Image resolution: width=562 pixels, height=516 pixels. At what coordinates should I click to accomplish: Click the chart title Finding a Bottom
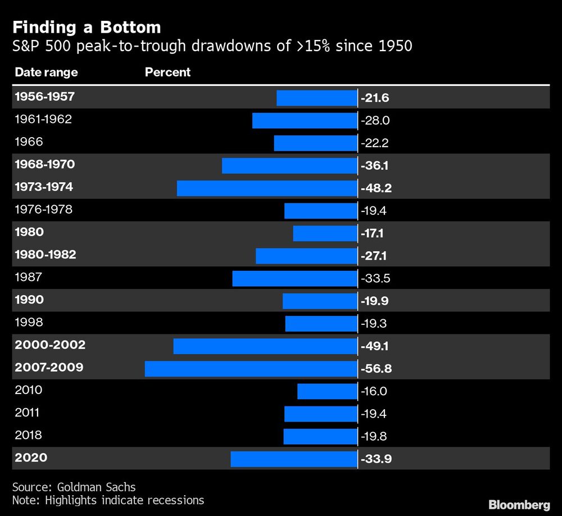pos(87,27)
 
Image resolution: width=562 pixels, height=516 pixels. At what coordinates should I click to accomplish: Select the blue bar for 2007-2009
pos(251,369)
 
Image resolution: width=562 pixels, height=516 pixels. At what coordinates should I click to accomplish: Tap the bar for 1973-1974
pos(267,188)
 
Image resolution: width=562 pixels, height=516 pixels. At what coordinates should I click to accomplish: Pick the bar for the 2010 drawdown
pos(327,391)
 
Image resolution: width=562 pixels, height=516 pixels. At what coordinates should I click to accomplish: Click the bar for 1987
pos(294,278)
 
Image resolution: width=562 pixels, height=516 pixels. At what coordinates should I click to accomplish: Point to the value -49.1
pos(375,346)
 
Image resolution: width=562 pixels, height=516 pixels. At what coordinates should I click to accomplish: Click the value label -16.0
pos(375,391)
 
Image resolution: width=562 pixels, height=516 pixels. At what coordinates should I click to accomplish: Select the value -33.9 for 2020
pos(376,459)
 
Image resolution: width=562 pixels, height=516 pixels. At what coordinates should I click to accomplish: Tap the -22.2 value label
pos(375,143)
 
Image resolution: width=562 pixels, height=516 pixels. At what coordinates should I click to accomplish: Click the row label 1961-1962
pos(43,119)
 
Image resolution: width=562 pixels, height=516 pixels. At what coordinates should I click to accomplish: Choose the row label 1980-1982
pos(46,255)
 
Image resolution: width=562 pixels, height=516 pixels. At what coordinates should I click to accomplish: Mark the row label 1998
pos(29,323)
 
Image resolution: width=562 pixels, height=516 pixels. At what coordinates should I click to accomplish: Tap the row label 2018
pos(29,435)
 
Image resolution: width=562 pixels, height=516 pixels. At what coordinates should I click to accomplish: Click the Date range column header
pos(46,73)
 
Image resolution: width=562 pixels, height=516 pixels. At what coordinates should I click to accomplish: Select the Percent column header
pos(167,73)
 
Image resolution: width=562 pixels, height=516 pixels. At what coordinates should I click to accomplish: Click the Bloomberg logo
pos(519,504)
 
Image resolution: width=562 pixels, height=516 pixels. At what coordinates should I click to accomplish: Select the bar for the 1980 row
pos(325,233)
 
